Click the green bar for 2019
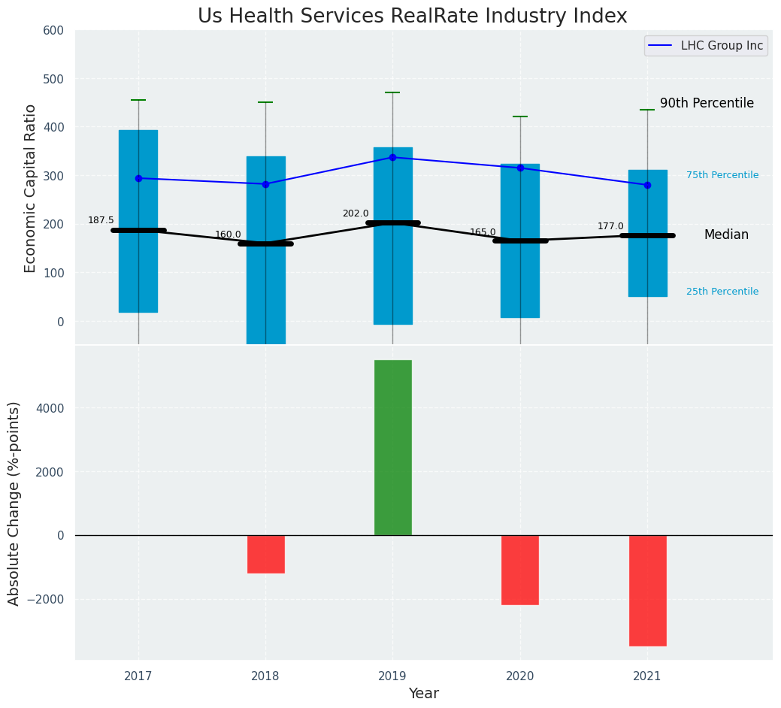pyautogui.click(x=392, y=447)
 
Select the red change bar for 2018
pyautogui.click(x=265, y=554)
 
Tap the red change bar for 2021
pyautogui.click(x=647, y=590)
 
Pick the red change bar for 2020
pyautogui.click(x=519, y=570)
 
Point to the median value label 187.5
pyautogui.click(x=101, y=220)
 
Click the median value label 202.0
pyautogui.click(x=356, y=213)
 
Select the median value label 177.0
pyautogui.click(x=610, y=226)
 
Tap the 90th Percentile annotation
pyautogui.click(x=707, y=104)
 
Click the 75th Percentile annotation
pyautogui.click(x=722, y=175)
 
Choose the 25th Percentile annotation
pyautogui.click(x=722, y=292)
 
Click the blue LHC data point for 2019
pyautogui.click(x=392, y=157)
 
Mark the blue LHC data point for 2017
pyautogui.click(x=138, y=178)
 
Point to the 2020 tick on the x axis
pyautogui.click(x=519, y=676)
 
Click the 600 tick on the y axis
pyautogui.click(x=59, y=30)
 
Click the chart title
pyautogui.click(x=412, y=17)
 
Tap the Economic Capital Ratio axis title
pyautogui.click(x=30, y=188)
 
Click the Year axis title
pyautogui.click(x=423, y=694)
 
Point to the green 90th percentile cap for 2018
pyautogui.click(x=265, y=102)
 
